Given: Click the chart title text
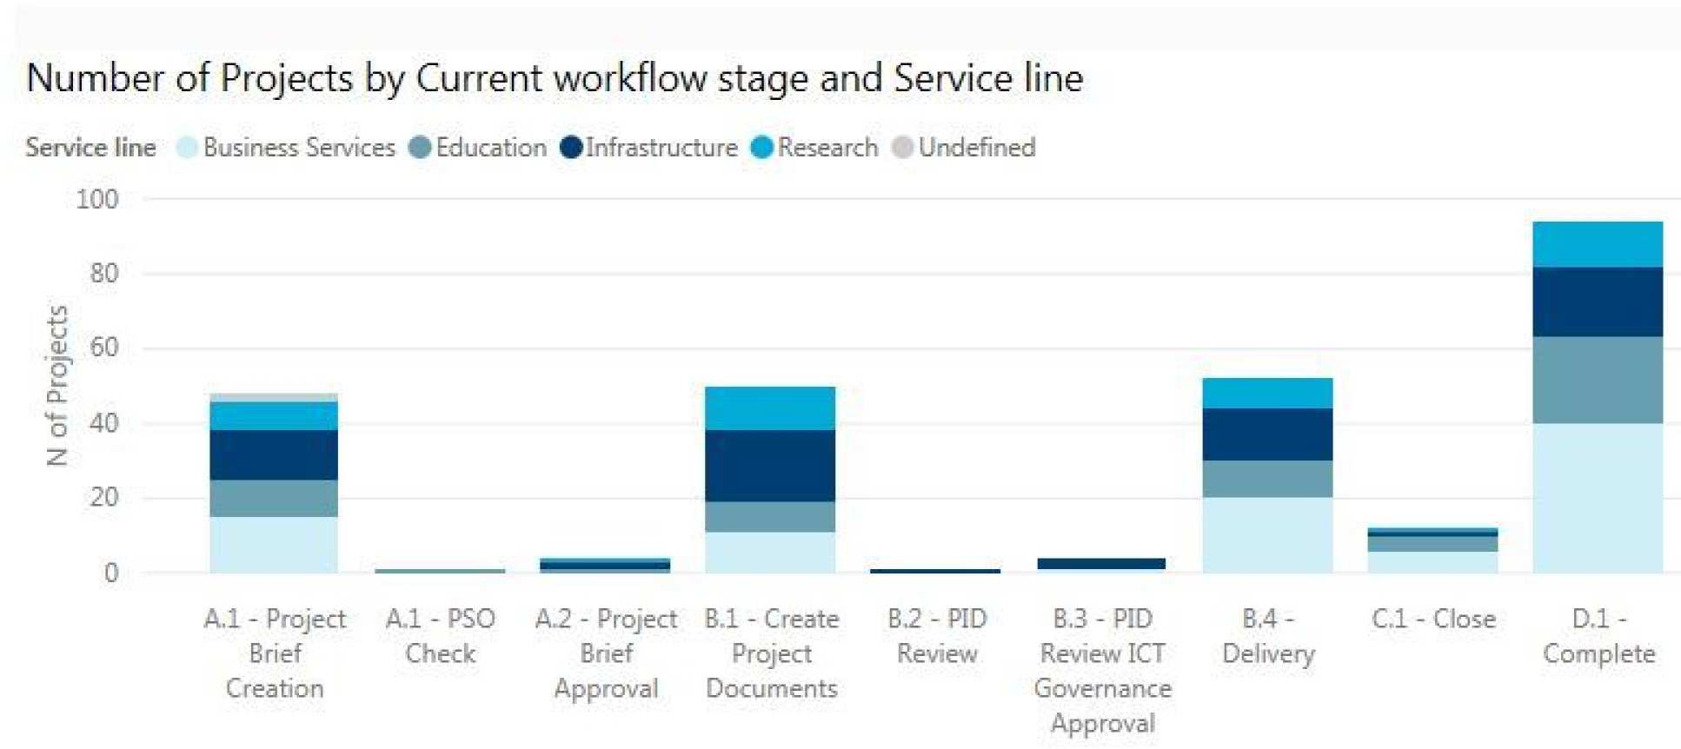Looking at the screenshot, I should click(555, 78).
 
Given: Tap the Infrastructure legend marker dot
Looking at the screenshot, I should click(571, 148).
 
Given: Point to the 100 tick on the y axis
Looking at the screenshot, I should click(97, 200).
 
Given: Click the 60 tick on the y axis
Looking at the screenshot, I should click(104, 348).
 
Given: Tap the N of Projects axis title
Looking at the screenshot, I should click(57, 386).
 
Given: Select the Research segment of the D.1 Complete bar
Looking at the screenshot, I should click(1597, 244).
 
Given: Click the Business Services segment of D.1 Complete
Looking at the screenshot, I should click(1597, 497).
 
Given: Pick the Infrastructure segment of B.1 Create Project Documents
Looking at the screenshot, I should click(769, 466).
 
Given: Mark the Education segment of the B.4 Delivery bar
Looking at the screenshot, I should click(1266, 479).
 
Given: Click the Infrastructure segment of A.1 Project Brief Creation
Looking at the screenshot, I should click(274, 454).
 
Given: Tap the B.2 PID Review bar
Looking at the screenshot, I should click(934, 571).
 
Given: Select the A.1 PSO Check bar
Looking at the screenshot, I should click(439, 571).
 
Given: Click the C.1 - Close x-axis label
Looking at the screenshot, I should click(1433, 619).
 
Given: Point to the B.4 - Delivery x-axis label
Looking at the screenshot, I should click(1268, 636).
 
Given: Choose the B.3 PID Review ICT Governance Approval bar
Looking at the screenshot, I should click(1100, 564).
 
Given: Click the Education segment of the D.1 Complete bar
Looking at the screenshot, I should click(1597, 380).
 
